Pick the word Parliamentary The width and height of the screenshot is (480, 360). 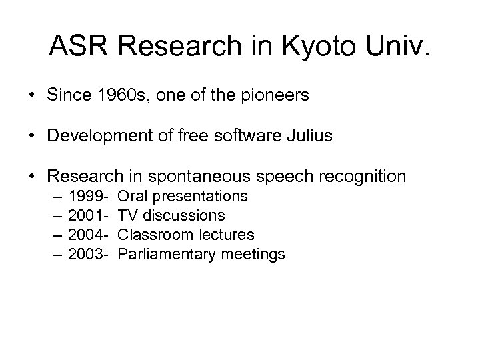click(161, 254)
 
